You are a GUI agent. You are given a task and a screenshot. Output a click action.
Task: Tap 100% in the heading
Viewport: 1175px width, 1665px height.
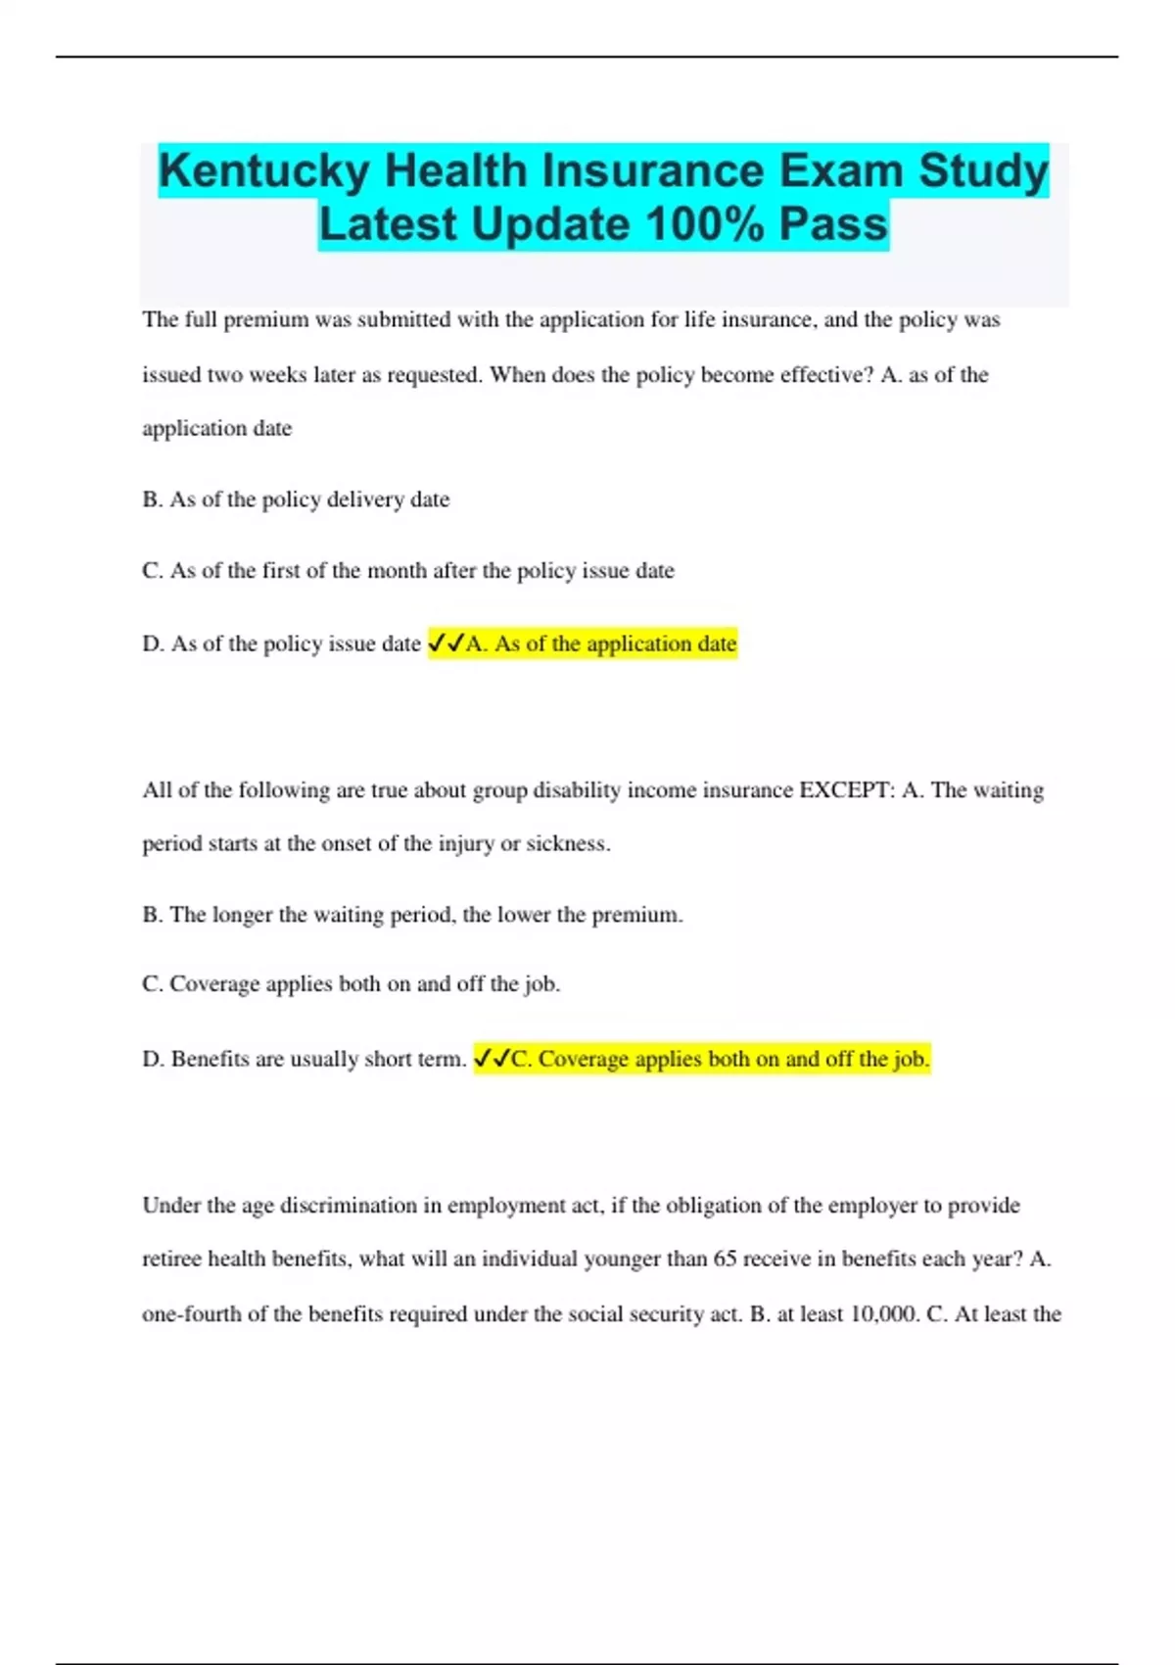click(705, 224)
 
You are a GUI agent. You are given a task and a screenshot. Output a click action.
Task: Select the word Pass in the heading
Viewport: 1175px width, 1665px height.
click(833, 224)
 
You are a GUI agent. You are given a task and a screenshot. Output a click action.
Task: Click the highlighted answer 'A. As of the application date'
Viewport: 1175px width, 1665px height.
click(601, 643)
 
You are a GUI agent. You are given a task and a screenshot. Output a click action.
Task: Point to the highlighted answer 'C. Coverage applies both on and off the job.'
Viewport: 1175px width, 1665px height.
click(720, 1059)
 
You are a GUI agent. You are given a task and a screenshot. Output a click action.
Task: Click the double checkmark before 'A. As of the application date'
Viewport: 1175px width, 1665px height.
click(446, 643)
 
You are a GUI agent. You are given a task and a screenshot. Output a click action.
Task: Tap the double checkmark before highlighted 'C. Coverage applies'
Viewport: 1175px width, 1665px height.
click(492, 1059)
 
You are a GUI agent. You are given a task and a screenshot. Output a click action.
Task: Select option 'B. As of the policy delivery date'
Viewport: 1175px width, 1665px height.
click(296, 499)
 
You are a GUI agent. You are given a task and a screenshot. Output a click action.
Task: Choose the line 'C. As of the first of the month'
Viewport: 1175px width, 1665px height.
click(408, 571)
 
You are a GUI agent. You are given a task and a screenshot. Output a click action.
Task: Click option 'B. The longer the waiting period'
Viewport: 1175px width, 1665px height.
click(412, 915)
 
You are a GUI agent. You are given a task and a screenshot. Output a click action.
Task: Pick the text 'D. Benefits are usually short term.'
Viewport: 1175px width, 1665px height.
click(305, 1059)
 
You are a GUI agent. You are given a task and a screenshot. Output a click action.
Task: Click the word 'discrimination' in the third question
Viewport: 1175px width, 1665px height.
click(349, 1206)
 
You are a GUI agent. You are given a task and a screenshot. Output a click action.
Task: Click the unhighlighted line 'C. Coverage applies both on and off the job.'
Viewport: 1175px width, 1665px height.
click(351, 984)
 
